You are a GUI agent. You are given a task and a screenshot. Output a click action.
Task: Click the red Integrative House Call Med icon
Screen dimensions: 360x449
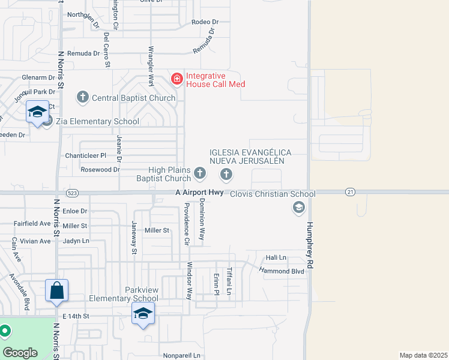click(x=176, y=79)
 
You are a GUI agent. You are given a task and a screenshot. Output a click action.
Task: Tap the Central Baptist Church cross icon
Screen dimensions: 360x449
click(x=83, y=97)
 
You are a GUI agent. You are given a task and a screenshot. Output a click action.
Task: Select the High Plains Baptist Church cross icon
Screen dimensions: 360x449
click(x=200, y=175)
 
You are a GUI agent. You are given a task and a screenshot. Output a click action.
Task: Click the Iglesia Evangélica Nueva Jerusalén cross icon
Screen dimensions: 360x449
click(x=226, y=175)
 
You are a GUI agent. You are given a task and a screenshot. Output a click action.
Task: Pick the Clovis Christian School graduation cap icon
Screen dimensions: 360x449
click(x=298, y=208)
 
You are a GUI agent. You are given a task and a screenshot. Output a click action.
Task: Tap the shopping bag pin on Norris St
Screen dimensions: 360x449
click(x=56, y=291)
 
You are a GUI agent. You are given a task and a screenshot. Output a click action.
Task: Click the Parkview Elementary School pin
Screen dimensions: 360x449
click(x=143, y=314)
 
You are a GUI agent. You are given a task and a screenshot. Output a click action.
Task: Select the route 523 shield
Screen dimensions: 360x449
click(x=73, y=193)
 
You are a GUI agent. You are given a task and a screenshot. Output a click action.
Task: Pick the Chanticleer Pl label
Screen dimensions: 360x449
click(x=86, y=155)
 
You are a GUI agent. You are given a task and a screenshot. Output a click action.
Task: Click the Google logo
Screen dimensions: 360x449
click(x=19, y=352)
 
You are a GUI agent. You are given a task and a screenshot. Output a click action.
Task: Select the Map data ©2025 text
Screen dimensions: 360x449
click(x=424, y=355)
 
